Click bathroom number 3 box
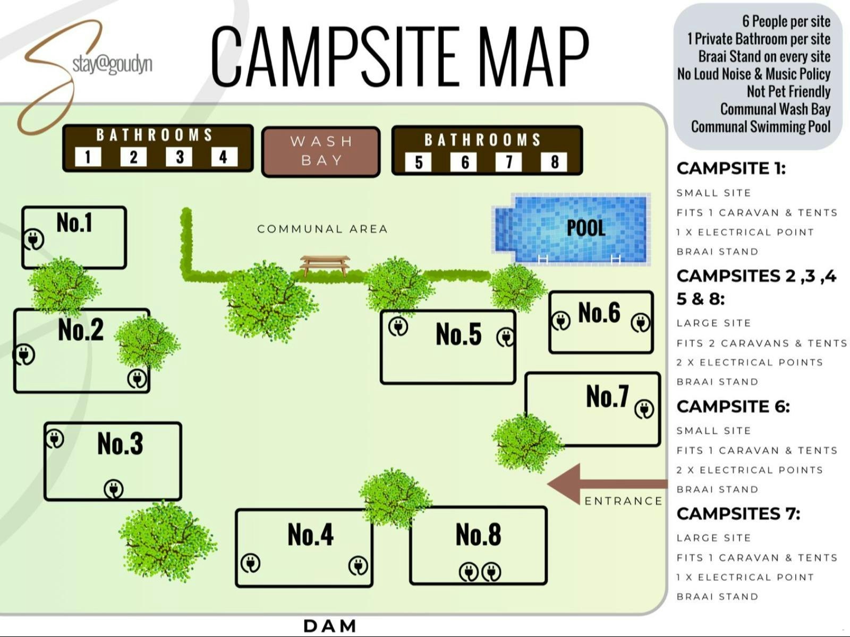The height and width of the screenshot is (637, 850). tap(180, 157)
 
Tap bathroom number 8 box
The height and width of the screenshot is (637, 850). tap(554, 162)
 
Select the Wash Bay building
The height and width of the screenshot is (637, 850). tap(321, 151)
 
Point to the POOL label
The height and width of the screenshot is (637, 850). tap(585, 228)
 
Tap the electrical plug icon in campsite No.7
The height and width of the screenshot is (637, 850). tap(644, 409)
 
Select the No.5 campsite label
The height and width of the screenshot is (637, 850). tap(458, 334)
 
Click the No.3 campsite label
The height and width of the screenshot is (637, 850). tap(120, 443)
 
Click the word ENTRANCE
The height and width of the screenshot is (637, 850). tap(623, 501)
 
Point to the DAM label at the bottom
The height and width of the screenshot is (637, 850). tap(330, 626)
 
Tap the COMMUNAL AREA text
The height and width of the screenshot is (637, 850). tap(322, 229)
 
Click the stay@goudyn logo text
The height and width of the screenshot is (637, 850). tap(112, 64)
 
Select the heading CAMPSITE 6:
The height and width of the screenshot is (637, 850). tap(733, 407)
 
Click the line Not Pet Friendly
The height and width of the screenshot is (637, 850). tap(788, 91)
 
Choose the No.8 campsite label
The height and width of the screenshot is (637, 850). tap(478, 535)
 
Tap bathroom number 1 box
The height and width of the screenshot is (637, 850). tap(88, 157)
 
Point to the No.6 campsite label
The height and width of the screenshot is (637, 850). tap(599, 312)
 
